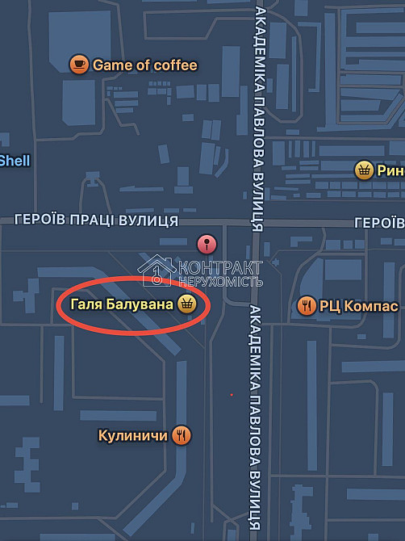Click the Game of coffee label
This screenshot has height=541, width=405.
144,65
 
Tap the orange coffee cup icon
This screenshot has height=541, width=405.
78,65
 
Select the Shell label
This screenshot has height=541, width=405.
15,161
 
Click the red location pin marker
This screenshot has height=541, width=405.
207,243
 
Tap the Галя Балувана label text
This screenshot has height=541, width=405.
122,304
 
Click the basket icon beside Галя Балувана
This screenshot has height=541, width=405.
186,304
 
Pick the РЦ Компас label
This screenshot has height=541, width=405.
358,306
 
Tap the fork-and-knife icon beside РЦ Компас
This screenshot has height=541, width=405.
306,306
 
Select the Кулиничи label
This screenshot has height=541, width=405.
132,435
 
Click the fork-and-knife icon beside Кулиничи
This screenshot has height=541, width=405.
182,435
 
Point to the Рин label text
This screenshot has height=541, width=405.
391,170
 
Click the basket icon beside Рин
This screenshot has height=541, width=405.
364,170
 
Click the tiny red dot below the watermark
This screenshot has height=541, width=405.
231,395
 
